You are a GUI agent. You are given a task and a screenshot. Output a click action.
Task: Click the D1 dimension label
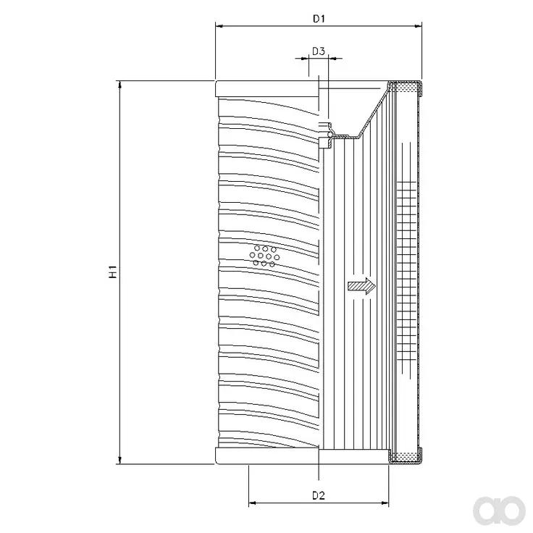click(x=319, y=19)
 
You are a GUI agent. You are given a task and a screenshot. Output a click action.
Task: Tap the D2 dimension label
click(x=319, y=495)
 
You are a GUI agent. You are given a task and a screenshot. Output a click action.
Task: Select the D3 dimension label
click(x=319, y=51)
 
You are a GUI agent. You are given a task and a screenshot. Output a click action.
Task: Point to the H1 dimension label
click(x=113, y=272)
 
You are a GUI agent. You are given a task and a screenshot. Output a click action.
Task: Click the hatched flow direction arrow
click(x=361, y=286)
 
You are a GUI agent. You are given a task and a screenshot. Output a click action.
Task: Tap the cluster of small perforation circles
click(x=264, y=256)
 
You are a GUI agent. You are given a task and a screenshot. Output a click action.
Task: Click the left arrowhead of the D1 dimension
click(x=219, y=26)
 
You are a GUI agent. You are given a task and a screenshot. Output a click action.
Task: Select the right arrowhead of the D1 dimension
click(x=418, y=26)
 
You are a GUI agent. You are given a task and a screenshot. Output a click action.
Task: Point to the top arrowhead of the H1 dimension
click(x=119, y=85)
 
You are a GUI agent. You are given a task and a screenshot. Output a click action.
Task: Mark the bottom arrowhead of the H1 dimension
click(x=119, y=460)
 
